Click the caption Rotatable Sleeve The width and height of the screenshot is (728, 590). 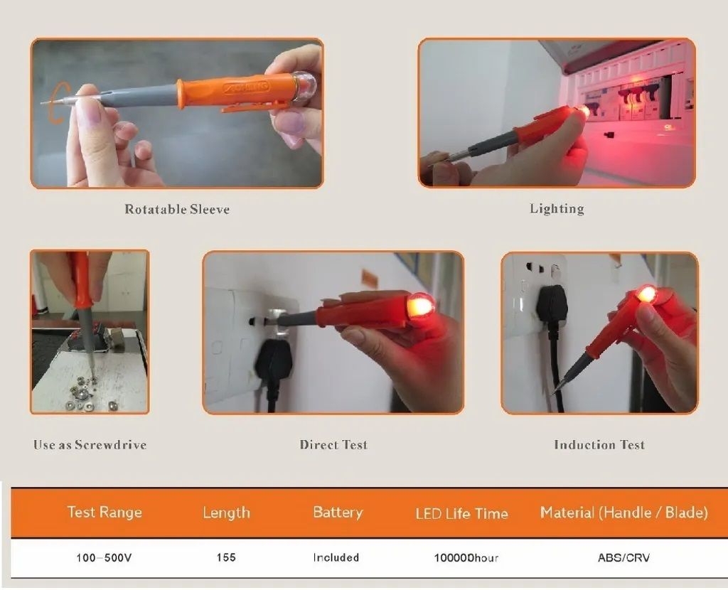[177, 210]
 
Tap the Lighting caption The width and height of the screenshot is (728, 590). [557, 209]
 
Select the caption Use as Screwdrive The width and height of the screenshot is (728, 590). [90, 445]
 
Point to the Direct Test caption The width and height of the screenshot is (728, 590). [333, 445]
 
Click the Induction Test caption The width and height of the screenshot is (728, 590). [599, 445]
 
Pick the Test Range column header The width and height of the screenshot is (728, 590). [105, 512]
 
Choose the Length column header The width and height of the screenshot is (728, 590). [226, 513]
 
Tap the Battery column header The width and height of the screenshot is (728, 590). [338, 513]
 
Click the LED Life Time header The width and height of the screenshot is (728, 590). [461, 513]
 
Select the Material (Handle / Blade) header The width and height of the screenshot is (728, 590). [624, 513]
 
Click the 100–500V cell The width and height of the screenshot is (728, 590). [104, 557]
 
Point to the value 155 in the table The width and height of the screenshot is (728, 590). [226, 557]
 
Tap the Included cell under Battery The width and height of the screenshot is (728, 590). [336, 557]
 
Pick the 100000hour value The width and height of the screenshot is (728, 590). [466, 557]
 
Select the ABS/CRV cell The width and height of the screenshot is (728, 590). [623, 557]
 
